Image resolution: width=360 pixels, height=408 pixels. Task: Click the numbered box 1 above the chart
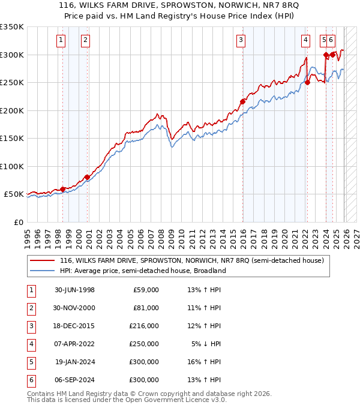point(61,40)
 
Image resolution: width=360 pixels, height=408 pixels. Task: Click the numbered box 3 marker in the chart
point(241,40)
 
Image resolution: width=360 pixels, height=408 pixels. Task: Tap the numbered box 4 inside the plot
point(305,40)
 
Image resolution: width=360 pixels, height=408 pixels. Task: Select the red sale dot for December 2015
point(243,102)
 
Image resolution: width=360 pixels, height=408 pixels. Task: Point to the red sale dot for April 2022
point(307,83)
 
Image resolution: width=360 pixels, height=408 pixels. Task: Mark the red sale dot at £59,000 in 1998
point(62,190)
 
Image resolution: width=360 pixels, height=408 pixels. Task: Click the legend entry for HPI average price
point(142,271)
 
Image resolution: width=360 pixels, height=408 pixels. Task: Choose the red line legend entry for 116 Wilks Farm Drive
point(191,260)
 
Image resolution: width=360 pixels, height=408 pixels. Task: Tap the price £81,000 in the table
point(146,308)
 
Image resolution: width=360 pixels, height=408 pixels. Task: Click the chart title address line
point(180,5)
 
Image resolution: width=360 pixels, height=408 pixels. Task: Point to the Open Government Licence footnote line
point(127,400)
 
